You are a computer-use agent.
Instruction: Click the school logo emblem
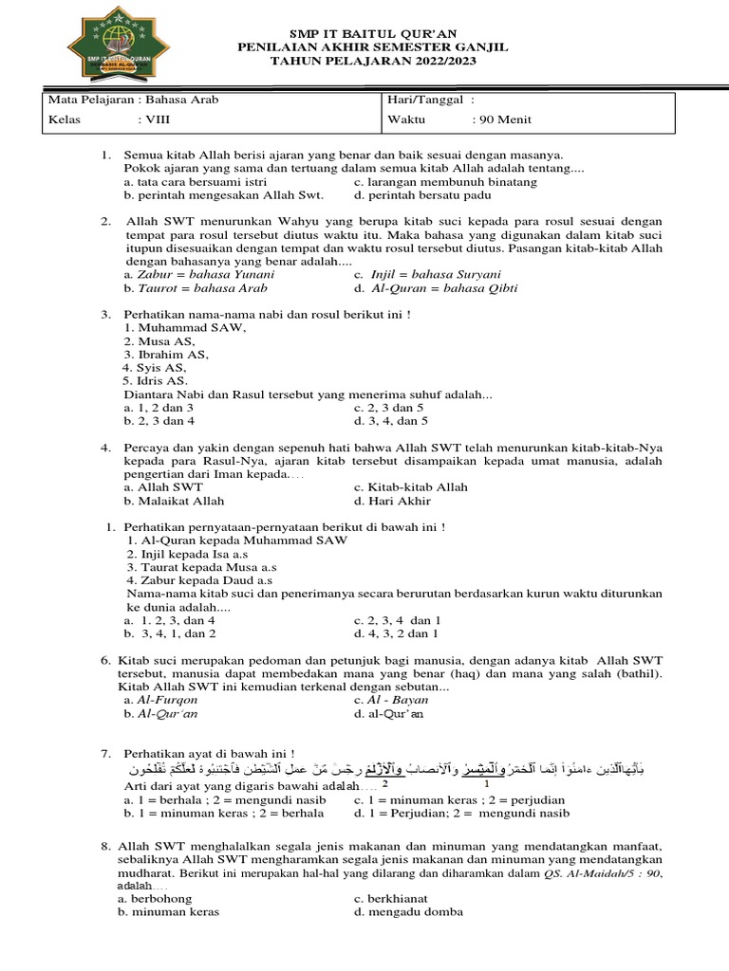(x=106, y=47)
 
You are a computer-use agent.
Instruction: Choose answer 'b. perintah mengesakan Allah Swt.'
(x=223, y=195)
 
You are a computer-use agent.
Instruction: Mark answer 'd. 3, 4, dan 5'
(x=391, y=420)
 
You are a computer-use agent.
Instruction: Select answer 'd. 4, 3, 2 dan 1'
(x=396, y=633)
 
